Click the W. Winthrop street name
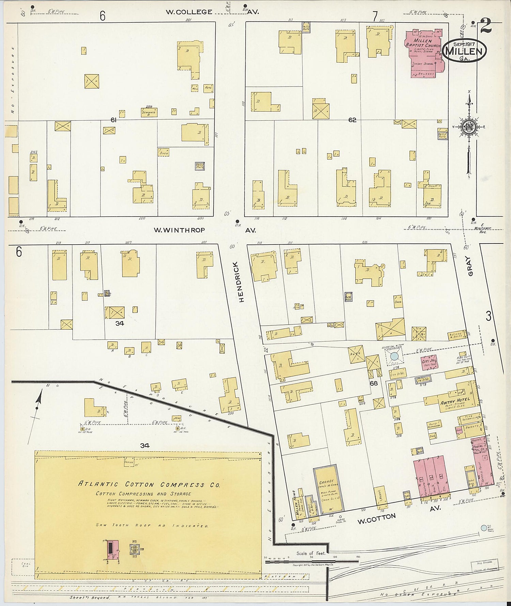(179, 230)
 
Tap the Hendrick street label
(241, 282)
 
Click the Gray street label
(470, 266)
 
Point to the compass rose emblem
(469, 127)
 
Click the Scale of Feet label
(311, 554)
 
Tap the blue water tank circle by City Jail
(394, 356)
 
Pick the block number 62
(352, 120)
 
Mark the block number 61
(114, 120)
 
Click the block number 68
(374, 384)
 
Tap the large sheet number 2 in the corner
(486, 26)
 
